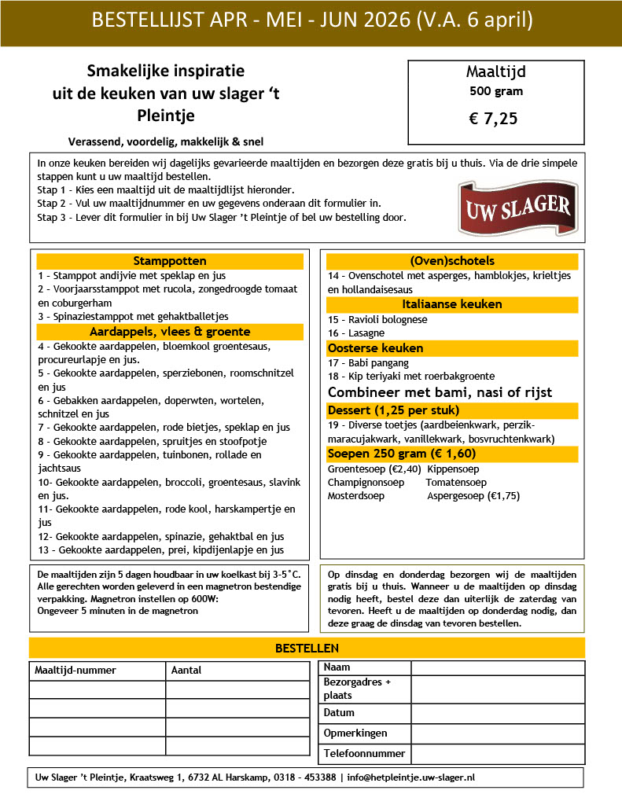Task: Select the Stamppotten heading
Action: coord(170,261)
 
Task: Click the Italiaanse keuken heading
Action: coord(452,304)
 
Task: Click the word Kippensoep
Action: coord(453,469)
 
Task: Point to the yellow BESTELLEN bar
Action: coord(307,648)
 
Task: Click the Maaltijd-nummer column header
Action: coord(75,671)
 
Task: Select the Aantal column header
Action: coord(186,671)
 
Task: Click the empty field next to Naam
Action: coord(497,667)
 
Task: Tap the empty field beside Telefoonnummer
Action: coord(497,754)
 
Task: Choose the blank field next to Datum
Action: coord(497,713)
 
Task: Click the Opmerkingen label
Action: coord(355,733)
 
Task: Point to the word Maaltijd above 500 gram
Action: coord(495,72)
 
